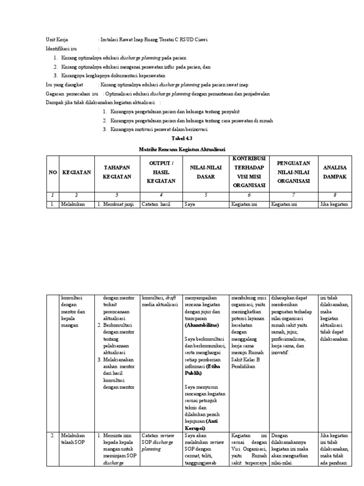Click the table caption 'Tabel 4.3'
point(182,140)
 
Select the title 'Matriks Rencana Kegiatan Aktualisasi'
point(182,149)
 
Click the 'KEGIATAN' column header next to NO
point(76,172)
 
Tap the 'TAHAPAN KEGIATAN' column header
point(117,172)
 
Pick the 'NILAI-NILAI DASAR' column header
point(203,172)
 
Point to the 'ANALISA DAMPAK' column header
point(335,172)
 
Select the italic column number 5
point(203,195)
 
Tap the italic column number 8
point(335,195)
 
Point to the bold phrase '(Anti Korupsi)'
point(202,424)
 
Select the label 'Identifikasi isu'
point(62,49)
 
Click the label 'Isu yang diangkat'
point(64,84)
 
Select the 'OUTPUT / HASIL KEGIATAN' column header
point(161,172)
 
